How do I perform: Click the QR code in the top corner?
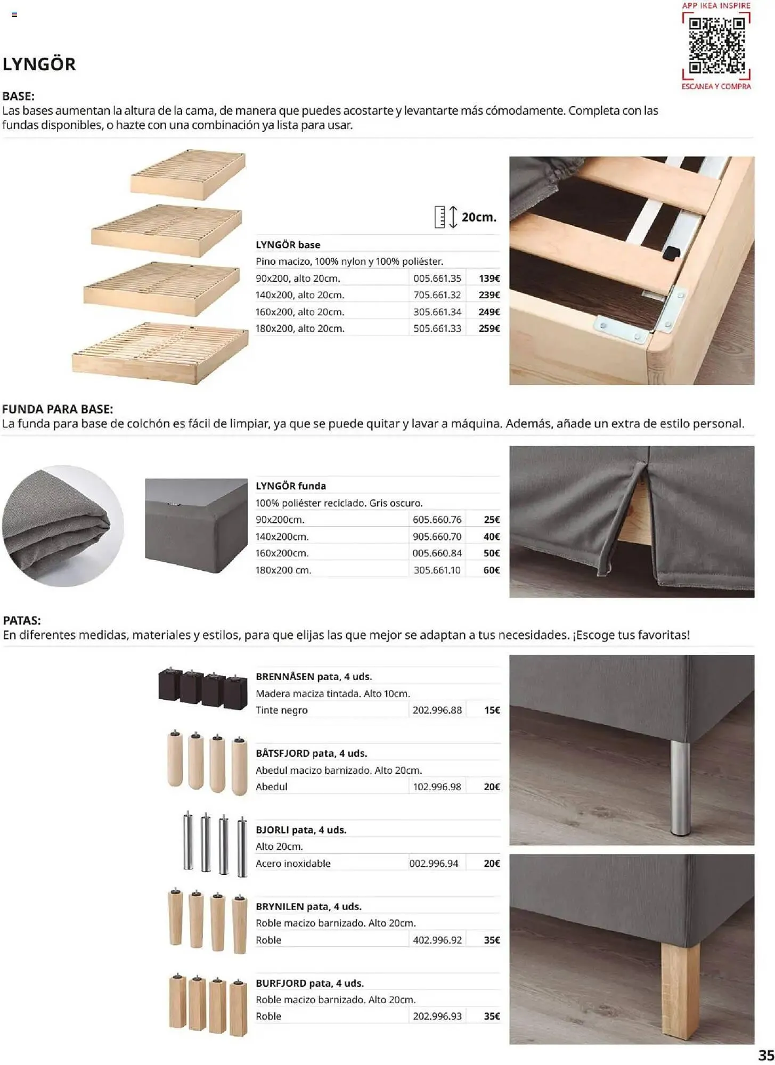(x=716, y=45)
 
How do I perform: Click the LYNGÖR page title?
(x=39, y=64)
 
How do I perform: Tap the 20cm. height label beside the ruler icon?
(x=478, y=217)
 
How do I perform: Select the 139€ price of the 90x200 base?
(x=489, y=278)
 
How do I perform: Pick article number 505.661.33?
(x=437, y=329)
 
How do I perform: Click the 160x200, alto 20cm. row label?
(x=300, y=312)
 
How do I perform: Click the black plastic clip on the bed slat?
(x=672, y=253)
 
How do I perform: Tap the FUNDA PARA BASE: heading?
(x=58, y=409)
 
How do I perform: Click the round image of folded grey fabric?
(x=63, y=526)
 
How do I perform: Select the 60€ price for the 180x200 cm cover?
(x=491, y=570)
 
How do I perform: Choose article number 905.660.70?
(x=437, y=537)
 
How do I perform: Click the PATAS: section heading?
(x=22, y=620)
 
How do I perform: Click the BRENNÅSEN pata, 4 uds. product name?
(x=314, y=677)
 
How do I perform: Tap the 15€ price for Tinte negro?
(x=492, y=710)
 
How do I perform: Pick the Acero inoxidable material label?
(x=293, y=864)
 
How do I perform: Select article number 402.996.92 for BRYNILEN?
(x=437, y=940)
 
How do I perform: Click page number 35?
(x=765, y=1055)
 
